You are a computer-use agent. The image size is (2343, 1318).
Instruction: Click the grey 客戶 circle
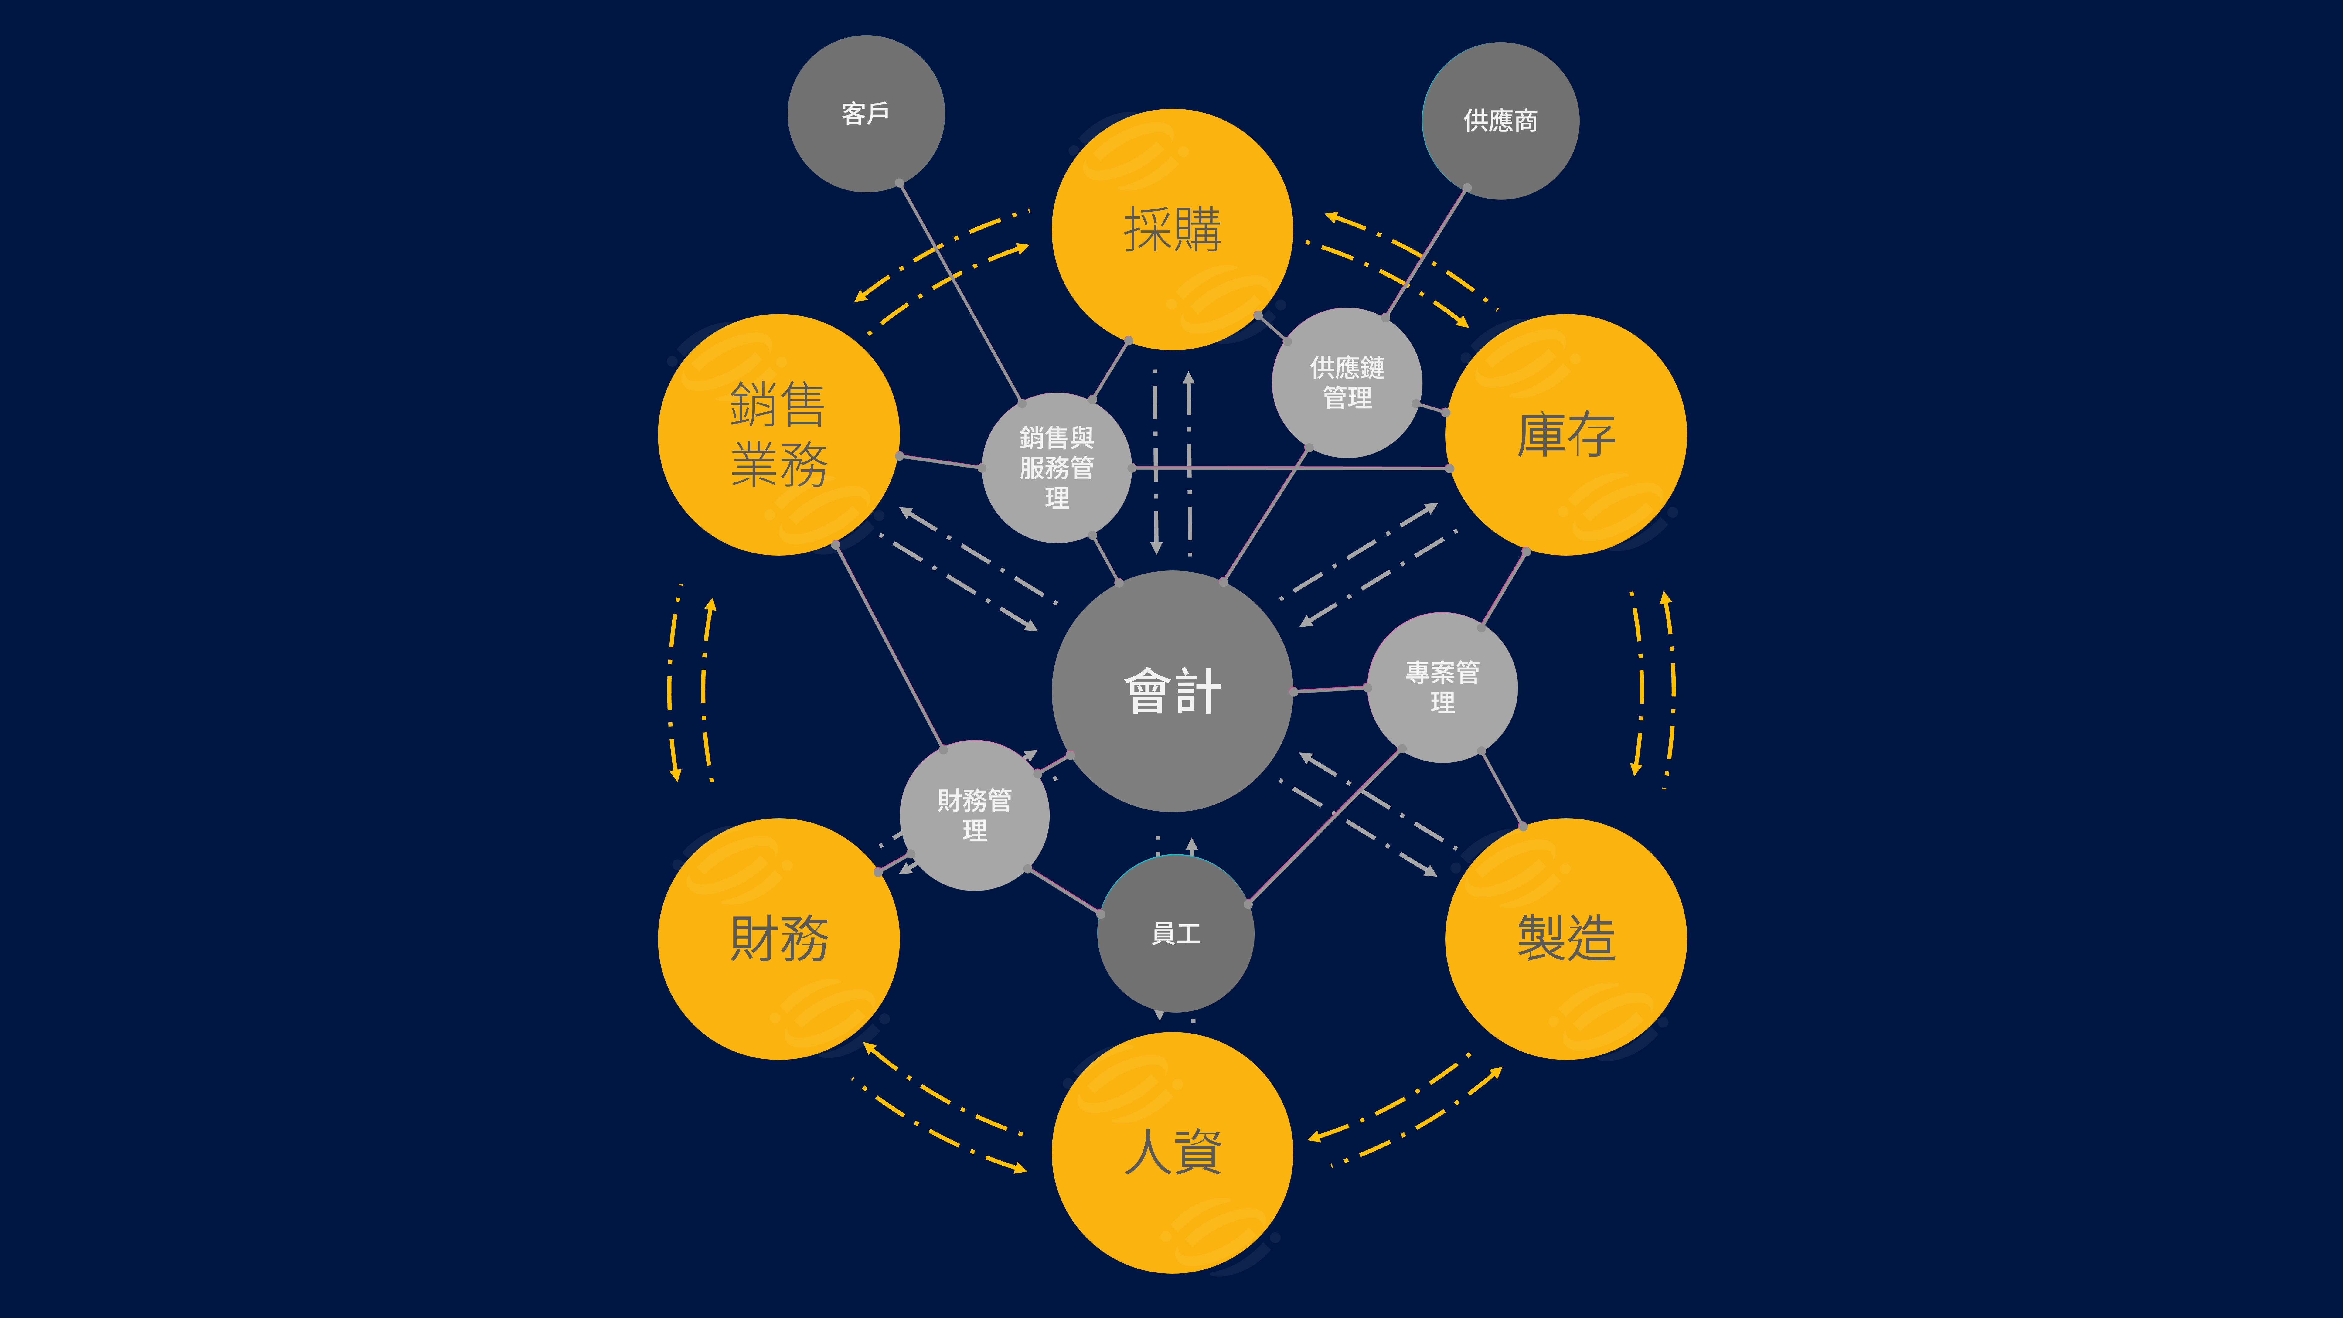866,114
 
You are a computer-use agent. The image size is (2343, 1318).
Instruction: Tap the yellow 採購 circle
1172,229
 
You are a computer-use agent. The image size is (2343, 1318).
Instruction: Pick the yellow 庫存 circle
1566,435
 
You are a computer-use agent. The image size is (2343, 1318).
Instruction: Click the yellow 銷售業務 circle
778,435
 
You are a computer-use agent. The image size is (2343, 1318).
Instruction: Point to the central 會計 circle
1172,691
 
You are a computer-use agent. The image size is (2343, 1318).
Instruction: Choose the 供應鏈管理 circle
1347,383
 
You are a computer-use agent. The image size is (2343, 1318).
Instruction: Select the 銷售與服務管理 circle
1057,468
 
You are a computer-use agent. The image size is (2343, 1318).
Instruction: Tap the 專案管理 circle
1442,688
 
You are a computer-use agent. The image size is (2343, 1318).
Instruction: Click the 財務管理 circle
974,815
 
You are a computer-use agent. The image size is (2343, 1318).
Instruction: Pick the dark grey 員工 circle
1176,933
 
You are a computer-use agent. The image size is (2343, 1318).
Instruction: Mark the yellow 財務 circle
778,939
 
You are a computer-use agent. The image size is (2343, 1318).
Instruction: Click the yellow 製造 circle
1566,939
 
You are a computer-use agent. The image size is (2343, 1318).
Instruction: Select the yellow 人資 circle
1172,1153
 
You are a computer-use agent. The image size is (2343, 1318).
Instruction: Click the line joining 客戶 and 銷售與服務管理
960,291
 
